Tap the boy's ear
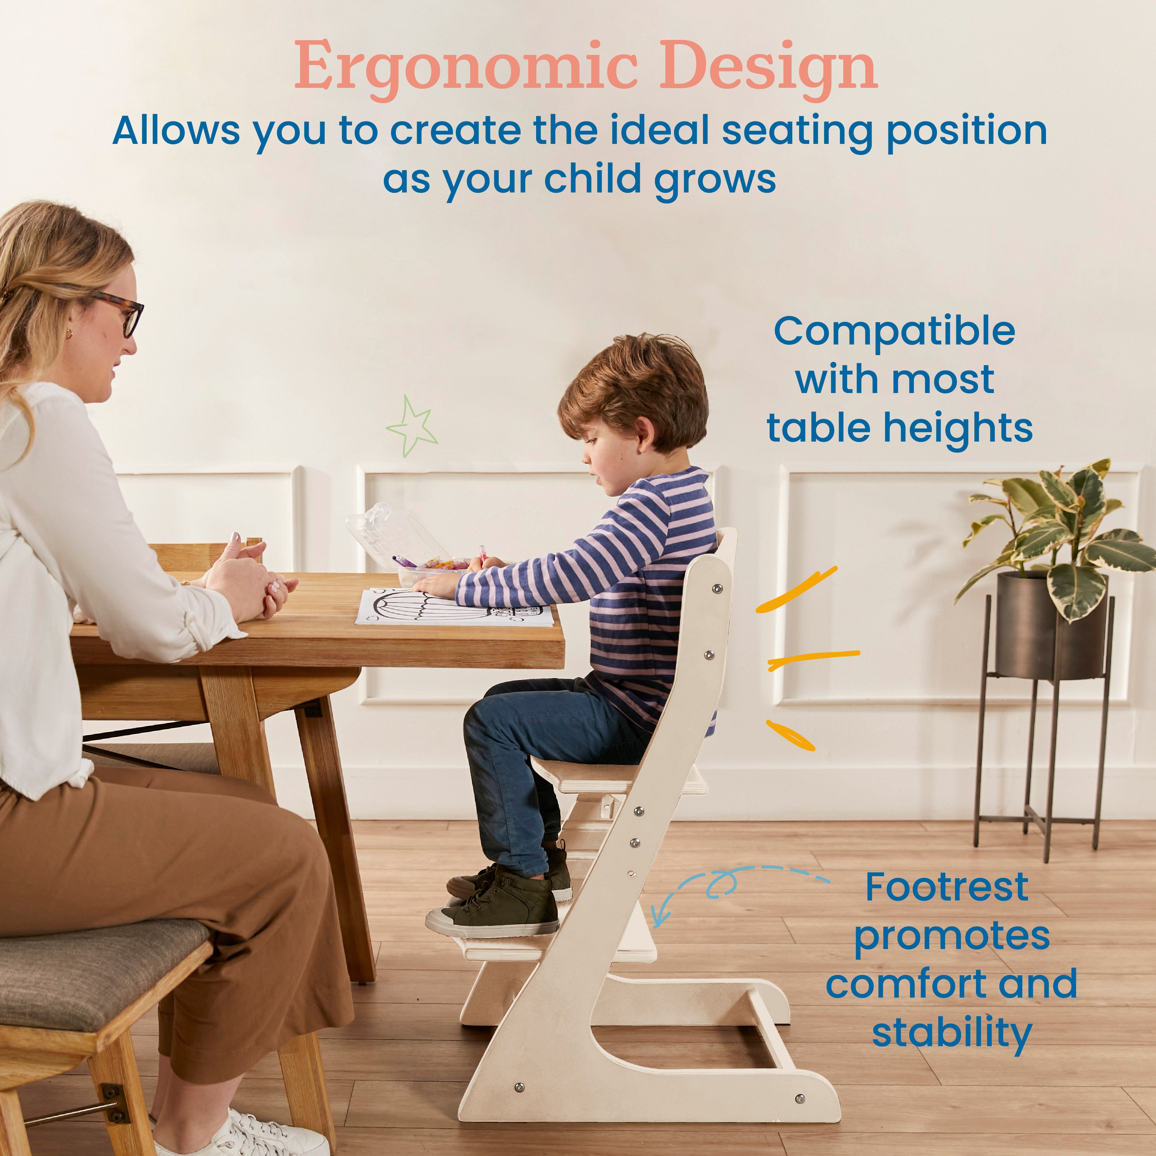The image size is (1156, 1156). pos(645,432)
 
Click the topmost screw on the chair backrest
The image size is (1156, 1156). pos(716,589)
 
